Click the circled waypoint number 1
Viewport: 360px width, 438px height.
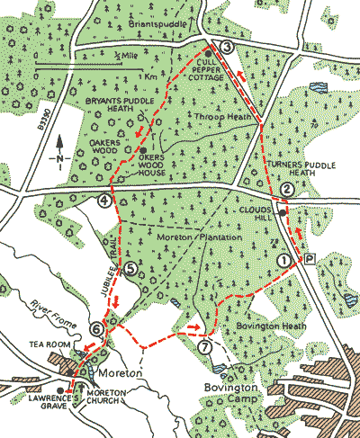click(283, 260)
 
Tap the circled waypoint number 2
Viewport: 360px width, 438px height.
click(286, 189)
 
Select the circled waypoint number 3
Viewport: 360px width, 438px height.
click(227, 48)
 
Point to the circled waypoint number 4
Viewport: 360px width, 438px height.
click(105, 200)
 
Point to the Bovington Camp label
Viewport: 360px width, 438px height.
click(229, 393)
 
